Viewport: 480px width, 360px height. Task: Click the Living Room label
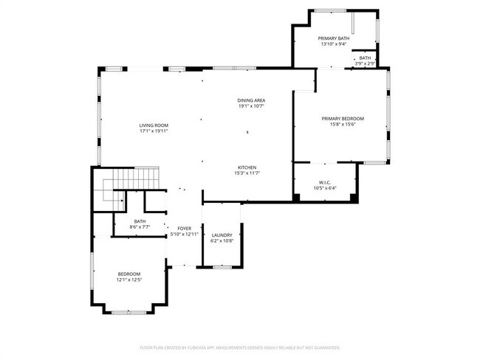click(x=154, y=125)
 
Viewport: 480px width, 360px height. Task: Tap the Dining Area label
click(x=251, y=100)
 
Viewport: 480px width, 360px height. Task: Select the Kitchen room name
click(x=247, y=167)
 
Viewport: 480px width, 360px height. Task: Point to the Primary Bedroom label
click(x=343, y=118)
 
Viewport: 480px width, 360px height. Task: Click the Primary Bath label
click(x=333, y=38)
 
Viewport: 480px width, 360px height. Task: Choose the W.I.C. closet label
click(x=325, y=182)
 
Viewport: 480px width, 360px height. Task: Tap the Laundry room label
click(x=222, y=235)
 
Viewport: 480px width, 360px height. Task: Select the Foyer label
click(x=184, y=229)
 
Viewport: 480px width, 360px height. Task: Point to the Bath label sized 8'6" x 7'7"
click(x=140, y=221)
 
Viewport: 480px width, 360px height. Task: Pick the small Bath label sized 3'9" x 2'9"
click(x=366, y=58)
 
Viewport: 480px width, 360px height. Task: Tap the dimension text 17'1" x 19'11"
click(x=154, y=131)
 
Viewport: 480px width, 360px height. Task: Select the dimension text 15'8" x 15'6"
click(x=343, y=124)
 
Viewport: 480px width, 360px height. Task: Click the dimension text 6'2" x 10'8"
click(x=222, y=240)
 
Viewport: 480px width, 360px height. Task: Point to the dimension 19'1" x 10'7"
click(x=251, y=106)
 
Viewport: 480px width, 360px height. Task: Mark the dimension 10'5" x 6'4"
click(x=325, y=188)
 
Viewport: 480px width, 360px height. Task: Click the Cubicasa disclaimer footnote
click(x=240, y=347)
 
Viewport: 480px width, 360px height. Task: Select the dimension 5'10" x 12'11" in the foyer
click(x=184, y=235)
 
